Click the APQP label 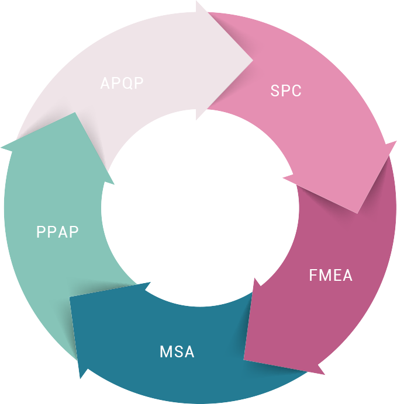click(x=122, y=83)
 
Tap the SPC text click(x=286, y=91)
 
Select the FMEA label click(x=330, y=275)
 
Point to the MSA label click(x=177, y=352)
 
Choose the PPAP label click(x=57, y=232)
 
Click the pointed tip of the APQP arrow click(x=253, y=59)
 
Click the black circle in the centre click(x=199, y=207)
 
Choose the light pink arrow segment click(x=327, y=128)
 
